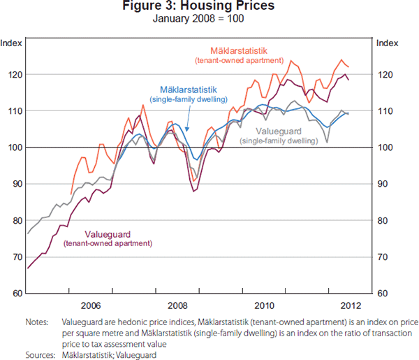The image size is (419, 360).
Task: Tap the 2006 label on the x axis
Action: pyautogui.click(x=91, y=305)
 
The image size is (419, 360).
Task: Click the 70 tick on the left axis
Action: pyautogui.click(x=16, y=257)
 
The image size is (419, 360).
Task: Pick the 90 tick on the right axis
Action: pyautogui.click(x=385, y=184)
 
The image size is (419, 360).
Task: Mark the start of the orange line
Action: pyautogui.click(x=71, y=194)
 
